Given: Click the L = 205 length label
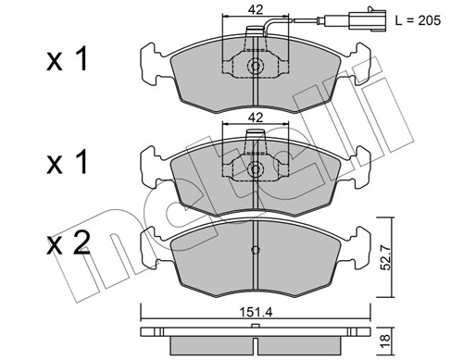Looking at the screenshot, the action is click(418, 20).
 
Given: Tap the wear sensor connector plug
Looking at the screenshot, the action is click(368, 20).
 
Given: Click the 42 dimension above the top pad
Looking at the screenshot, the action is click(256, 9).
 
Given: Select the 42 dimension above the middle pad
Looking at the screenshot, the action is click(256, 118).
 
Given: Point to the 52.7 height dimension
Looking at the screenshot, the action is click(385, 257).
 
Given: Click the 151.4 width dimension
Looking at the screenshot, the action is click(256, 313).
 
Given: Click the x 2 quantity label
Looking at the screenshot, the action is click(69, 243).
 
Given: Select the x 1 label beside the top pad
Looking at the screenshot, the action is click(68, 59).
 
